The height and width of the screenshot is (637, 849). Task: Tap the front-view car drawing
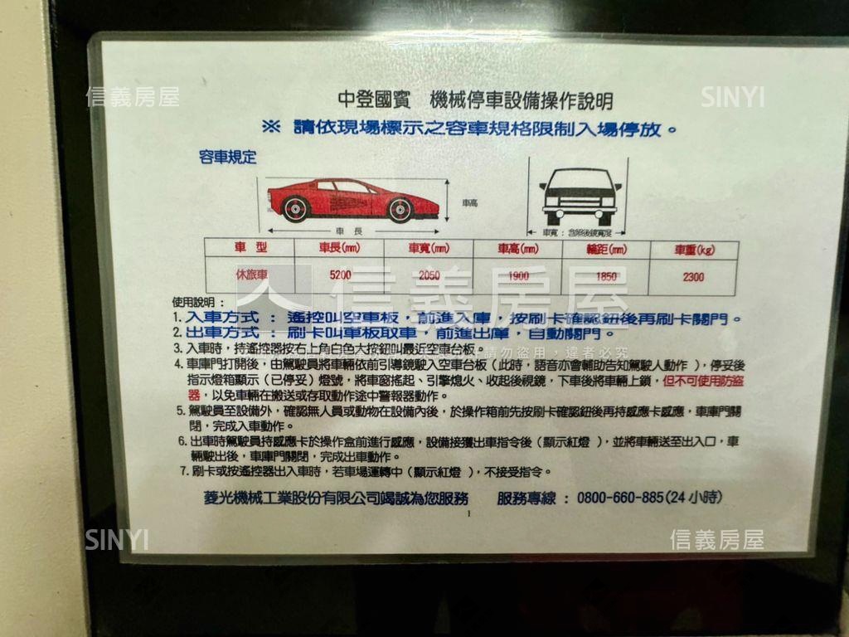pos(580,195)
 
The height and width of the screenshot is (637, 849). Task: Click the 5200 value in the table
pos(340,275)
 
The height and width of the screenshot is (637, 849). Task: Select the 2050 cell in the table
pos(429,275)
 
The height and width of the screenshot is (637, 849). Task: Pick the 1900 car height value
pos(517,276)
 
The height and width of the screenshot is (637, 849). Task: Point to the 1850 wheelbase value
pos(607,276)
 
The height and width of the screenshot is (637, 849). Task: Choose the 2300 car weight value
pos(693,277)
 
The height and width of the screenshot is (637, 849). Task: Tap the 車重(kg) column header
pos(693,249)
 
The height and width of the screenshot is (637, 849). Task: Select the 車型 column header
pos(250,246)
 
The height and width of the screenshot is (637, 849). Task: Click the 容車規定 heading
pos(228,157)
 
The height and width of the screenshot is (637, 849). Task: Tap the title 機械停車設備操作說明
pos(522,101)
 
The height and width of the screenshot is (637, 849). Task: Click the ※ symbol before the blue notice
pos(271,128)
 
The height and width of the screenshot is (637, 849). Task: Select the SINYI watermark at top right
pos(732,97)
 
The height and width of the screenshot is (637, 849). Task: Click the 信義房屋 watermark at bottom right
pos(716,540)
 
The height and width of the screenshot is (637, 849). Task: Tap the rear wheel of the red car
pos(400,210)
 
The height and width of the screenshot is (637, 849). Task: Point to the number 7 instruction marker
pos(184,472)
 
